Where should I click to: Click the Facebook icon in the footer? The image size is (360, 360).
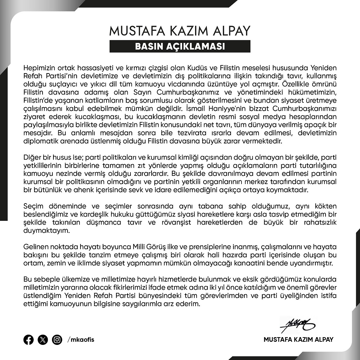pyautogui.click(x=28, y=340)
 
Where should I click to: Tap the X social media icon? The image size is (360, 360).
pyautogui.click(x=43, y=340)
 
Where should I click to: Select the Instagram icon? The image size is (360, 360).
pyautogui.click(x=57, y=340)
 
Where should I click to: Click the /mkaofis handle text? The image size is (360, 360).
pyautogui.click(x=81, y=340)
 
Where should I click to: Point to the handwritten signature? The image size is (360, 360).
pyautogui.click(x=297, y=324)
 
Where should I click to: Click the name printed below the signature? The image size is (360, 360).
pyautogui.click(x=298, y=340)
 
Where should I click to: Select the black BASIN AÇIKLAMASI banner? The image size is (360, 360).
pyautogui.click(x=180, y=47)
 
